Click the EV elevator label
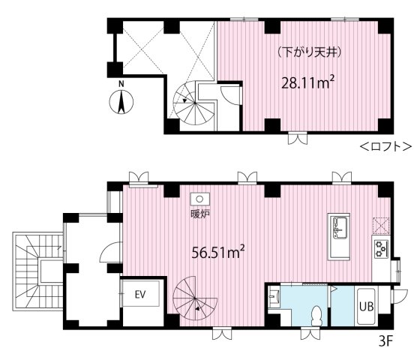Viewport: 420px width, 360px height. click(x=140, y=295)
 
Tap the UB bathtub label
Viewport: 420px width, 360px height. click(x=367, y=306)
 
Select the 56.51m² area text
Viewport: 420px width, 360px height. click(x=218, y=253)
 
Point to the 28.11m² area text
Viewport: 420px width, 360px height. click(x=308, y=82)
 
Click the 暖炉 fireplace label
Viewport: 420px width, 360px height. click(x=200, y=214)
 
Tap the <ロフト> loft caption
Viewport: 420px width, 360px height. click(x=385, y=147)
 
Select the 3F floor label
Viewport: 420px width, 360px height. click(x=385, y=341)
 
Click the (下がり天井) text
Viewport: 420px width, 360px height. click(x=310, y=52)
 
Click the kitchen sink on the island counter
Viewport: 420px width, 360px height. click(x=339, y=227)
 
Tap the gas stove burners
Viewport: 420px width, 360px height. click(x=381, y=248)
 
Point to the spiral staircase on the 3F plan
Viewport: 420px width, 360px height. click(x=195, y=298)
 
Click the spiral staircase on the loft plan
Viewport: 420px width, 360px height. click(x=194, y=103)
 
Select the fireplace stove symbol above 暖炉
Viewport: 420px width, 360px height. click(x=199, y=199)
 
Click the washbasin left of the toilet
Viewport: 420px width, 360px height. click(x=274, y=296)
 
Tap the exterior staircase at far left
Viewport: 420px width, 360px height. click(x=38, y=271)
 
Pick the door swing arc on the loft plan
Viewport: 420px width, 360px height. click(x=230, y=94)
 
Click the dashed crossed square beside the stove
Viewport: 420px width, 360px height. click(x=381, y=226)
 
